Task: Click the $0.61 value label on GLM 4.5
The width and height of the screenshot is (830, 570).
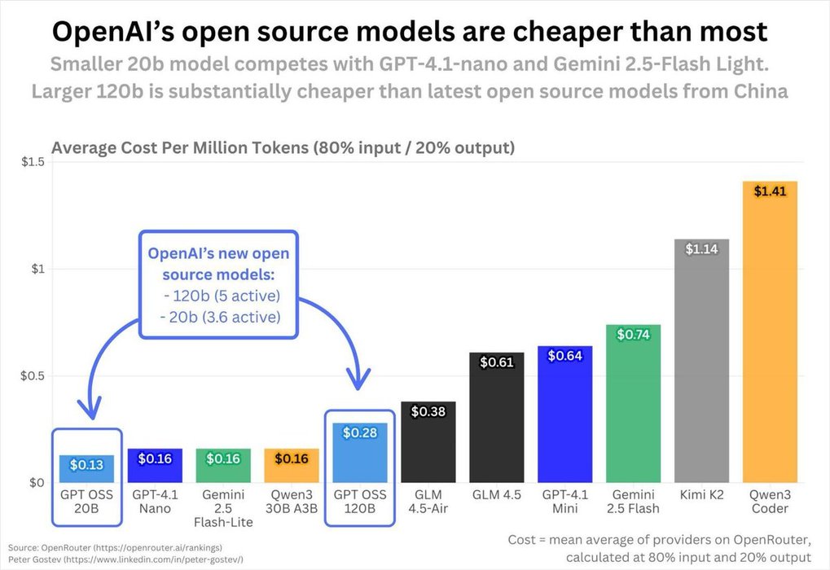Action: click(x=496, y=362)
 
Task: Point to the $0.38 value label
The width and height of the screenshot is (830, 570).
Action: click(x=428, y=412)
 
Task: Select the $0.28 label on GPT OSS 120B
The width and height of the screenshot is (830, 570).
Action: click(x=359, y=432)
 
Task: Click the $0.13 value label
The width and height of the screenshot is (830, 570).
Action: click(x=86, y=465)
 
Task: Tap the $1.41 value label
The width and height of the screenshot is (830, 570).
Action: click(x=770, y=192)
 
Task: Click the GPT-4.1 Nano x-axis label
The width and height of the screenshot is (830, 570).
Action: click(x=154, y=502)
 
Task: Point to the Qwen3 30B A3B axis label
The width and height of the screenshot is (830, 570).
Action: click(x=291, y=502)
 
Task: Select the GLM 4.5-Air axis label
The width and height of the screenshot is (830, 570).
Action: click(x=428, y=502)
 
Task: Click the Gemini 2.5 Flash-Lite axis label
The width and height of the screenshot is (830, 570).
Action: click(x=222, y=508)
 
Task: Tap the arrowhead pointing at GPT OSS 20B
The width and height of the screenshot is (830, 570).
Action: click(x=91, y=406)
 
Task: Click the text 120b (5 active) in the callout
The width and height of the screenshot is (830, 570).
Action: click(x=225, y=296)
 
